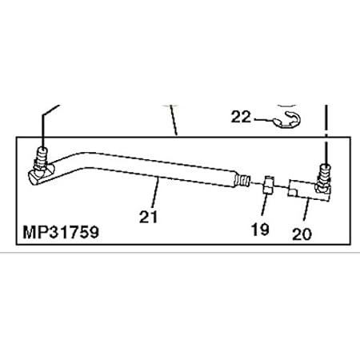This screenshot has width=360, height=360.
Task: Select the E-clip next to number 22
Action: coord(284,119)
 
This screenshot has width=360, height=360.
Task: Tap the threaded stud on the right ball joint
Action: coord(326,170)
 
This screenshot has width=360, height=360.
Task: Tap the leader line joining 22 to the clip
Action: coord(264,119)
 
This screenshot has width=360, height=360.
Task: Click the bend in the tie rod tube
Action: coord(80,154)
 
